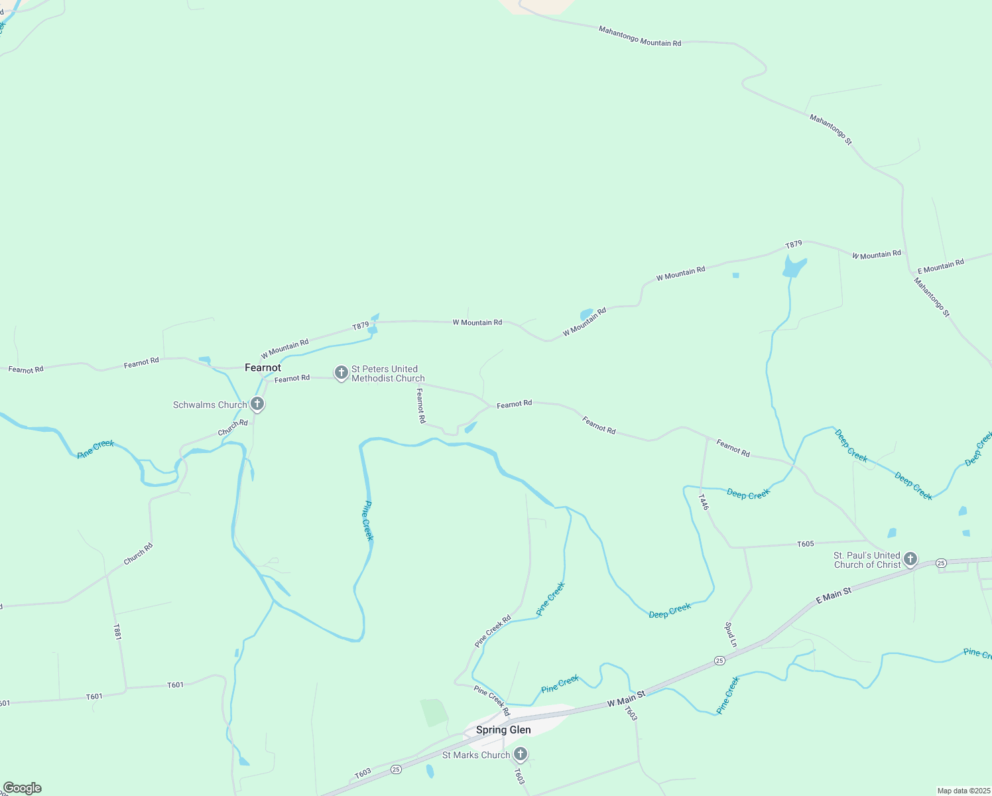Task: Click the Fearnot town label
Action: (263, 367)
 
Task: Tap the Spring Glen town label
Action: (503, 730)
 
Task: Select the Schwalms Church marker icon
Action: (257, 404)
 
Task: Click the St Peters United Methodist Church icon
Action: (341, 373)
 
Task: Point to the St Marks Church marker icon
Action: (521, 754)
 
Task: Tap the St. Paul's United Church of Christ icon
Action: (910, 559)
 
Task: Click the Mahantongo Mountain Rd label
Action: (639, 36)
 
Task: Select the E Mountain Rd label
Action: (940, 267)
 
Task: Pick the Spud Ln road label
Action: (731, 634)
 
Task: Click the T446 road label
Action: (704, 501)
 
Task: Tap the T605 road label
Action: (805, 544)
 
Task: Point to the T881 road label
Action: (117, 631)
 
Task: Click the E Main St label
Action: (833, 595)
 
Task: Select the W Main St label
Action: (626, 698)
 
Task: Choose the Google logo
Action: (22, 788)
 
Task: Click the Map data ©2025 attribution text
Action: (963, 791)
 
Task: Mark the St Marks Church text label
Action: (475, 755)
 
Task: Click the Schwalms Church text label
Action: (210, 405)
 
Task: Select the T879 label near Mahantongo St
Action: (794, 245)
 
